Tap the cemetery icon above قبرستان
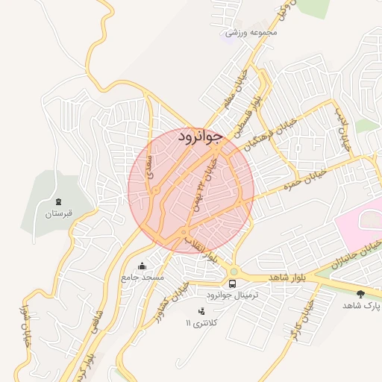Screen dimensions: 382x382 (x=58, y=202)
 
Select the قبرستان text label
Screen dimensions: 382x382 (x=58, y=215)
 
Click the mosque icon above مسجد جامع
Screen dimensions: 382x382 (x=143, y=266)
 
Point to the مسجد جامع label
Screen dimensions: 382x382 (x=143, y=278)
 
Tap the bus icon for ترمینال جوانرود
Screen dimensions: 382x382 (x=233, y=284)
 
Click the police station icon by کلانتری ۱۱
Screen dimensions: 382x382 (x=201, y=311)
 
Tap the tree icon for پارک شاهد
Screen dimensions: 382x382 (x=362, y=294)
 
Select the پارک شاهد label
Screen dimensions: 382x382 (x=362, y=306)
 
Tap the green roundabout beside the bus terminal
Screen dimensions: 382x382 (x=234, y=272)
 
